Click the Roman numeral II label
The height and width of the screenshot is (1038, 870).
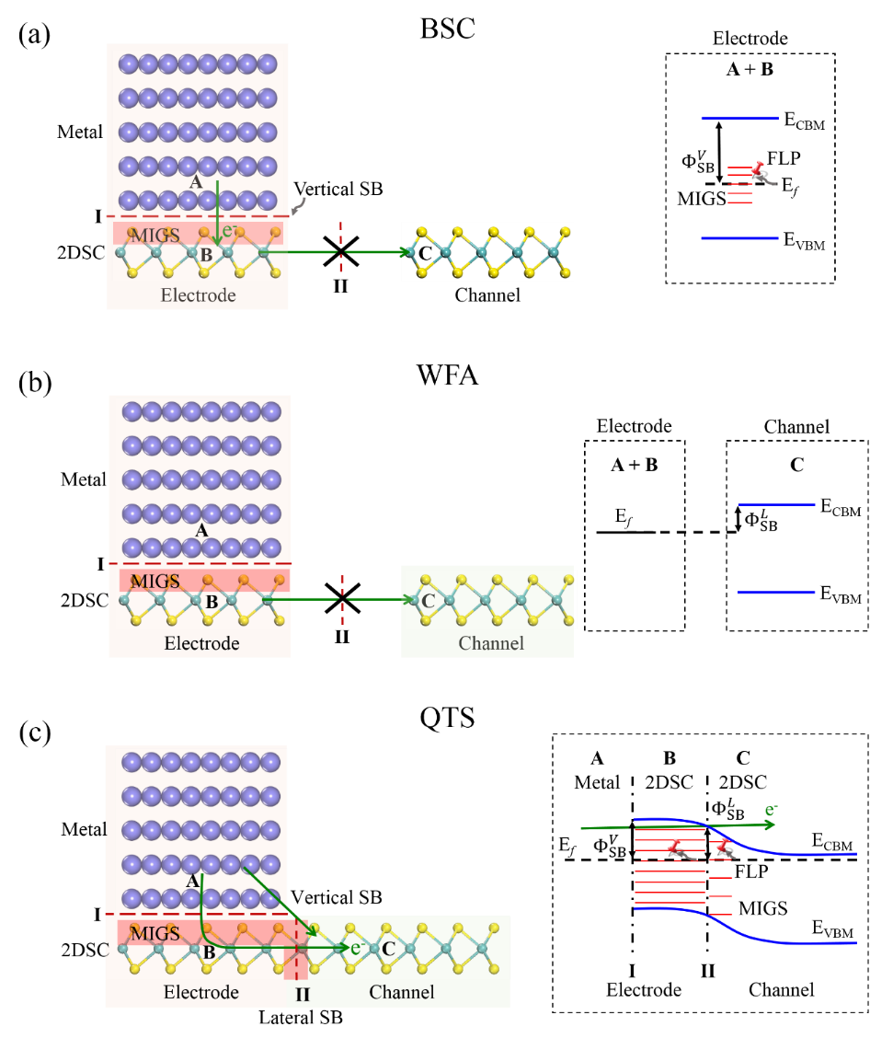302,995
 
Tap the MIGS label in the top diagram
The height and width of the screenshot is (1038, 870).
155,236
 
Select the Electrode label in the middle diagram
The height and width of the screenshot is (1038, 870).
201,643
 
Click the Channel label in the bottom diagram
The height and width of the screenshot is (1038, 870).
402,992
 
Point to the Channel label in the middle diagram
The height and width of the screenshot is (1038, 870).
491,643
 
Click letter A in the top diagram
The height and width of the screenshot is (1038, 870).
195,182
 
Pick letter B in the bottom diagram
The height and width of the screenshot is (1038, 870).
209,952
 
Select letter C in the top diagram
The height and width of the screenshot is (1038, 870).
424,253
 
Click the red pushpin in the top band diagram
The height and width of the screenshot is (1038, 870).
757,167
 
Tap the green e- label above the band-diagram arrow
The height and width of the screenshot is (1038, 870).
771,811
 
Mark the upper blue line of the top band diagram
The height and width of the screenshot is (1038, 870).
739,118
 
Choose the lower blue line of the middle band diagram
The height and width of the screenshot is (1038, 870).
776,593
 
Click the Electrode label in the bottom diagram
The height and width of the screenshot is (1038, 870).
200,992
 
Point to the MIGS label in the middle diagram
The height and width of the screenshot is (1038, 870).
155,582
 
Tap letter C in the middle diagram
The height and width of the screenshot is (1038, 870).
427,601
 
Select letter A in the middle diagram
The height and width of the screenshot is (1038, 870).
201,530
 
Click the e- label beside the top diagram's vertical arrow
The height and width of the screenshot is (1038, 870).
230,230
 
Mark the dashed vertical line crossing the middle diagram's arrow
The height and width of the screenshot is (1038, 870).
342,600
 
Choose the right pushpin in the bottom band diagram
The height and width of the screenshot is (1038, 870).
723,845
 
